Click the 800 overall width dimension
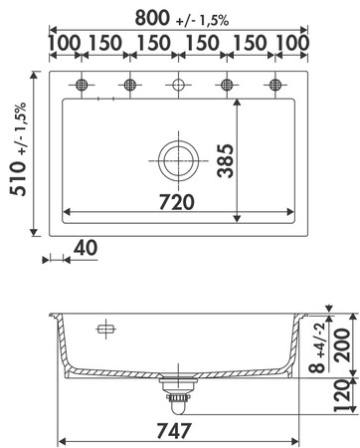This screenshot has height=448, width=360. (x=152, y=18)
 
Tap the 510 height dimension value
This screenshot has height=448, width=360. (x=18, y=178)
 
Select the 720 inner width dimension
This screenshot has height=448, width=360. (x=176, y=202)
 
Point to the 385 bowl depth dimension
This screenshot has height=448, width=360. (x=226, y=160)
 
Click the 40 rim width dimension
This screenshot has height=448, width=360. (x=86, y=248)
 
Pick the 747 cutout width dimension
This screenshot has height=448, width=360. (x=174, y=431)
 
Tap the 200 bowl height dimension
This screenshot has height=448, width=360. (x=341, y=345)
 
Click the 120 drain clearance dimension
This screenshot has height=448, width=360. (x=342, y=395)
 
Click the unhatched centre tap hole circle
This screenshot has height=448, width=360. (x=178, y=85)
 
